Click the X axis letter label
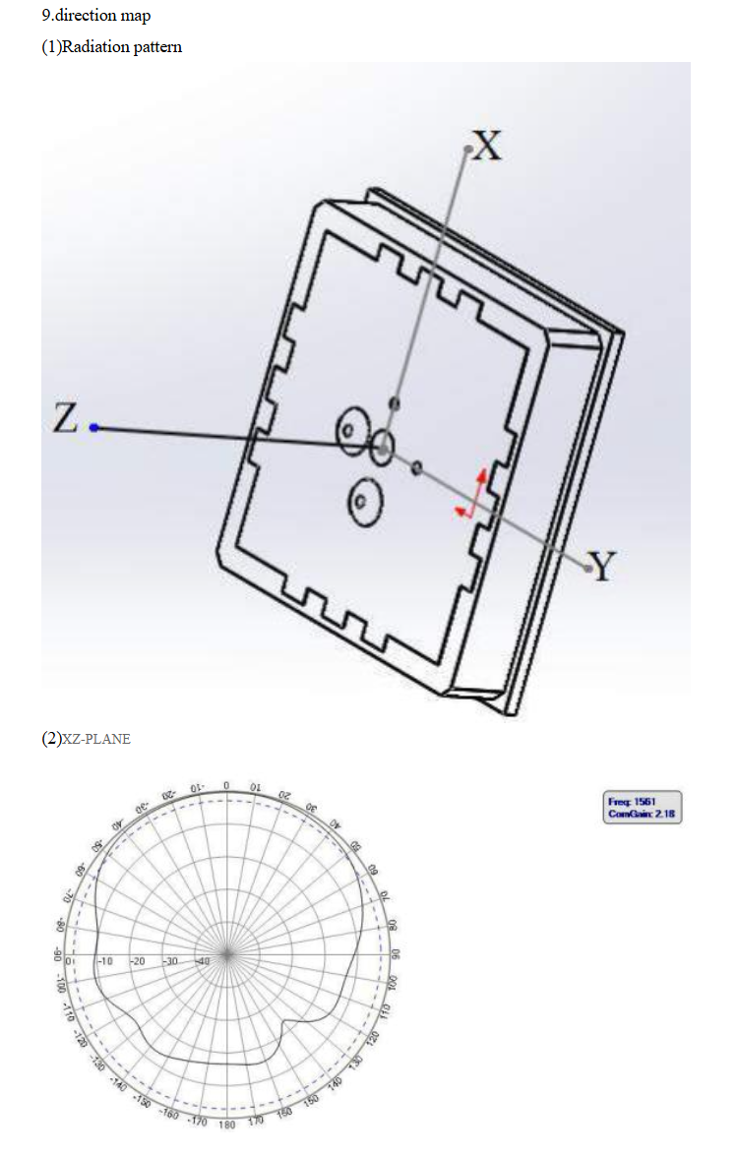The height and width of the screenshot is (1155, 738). pyautogui.click(x=487, y=146)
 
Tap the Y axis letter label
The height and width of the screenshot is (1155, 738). pyautogui.click(x=602, y=567)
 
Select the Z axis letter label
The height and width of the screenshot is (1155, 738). pyautogui.click(x=65, y=419)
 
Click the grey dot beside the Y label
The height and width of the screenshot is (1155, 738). pyautogui.click(x=589, y=568)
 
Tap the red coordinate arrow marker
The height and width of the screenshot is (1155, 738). pyautogui.click(x=473, y=494)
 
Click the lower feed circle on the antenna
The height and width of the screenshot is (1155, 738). pyautogui.click(x=362, y=501)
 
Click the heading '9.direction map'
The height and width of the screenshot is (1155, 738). pyautogui.click(x=96, y=16)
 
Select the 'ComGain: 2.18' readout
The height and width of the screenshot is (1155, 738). pyautogui.click(x=642, y=814)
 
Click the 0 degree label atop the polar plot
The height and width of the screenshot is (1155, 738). pyautogui.click(x=226, y=784)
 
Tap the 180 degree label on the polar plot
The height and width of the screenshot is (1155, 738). pyautogui.click(x=226, y=1125)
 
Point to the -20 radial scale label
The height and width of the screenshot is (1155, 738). pyautogui.click(x=138, y=960)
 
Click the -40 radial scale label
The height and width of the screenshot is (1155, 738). pyautogui.click(x=203, y=960)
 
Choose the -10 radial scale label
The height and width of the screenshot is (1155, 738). pyautogui.click(x=105, y=960)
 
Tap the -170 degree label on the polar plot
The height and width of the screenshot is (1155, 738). pyautogui.click(x=199, y=1123)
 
